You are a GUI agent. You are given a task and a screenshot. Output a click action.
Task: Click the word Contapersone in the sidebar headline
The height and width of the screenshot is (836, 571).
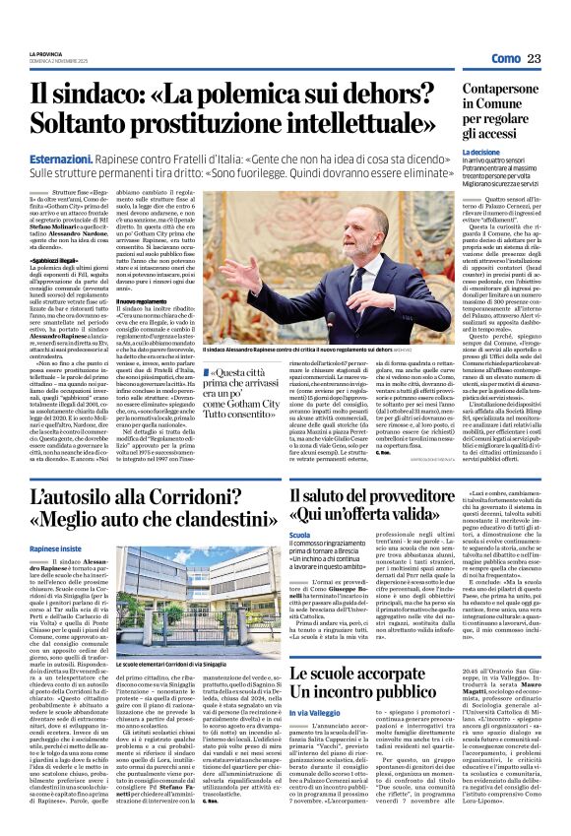[x=498, y=90]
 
